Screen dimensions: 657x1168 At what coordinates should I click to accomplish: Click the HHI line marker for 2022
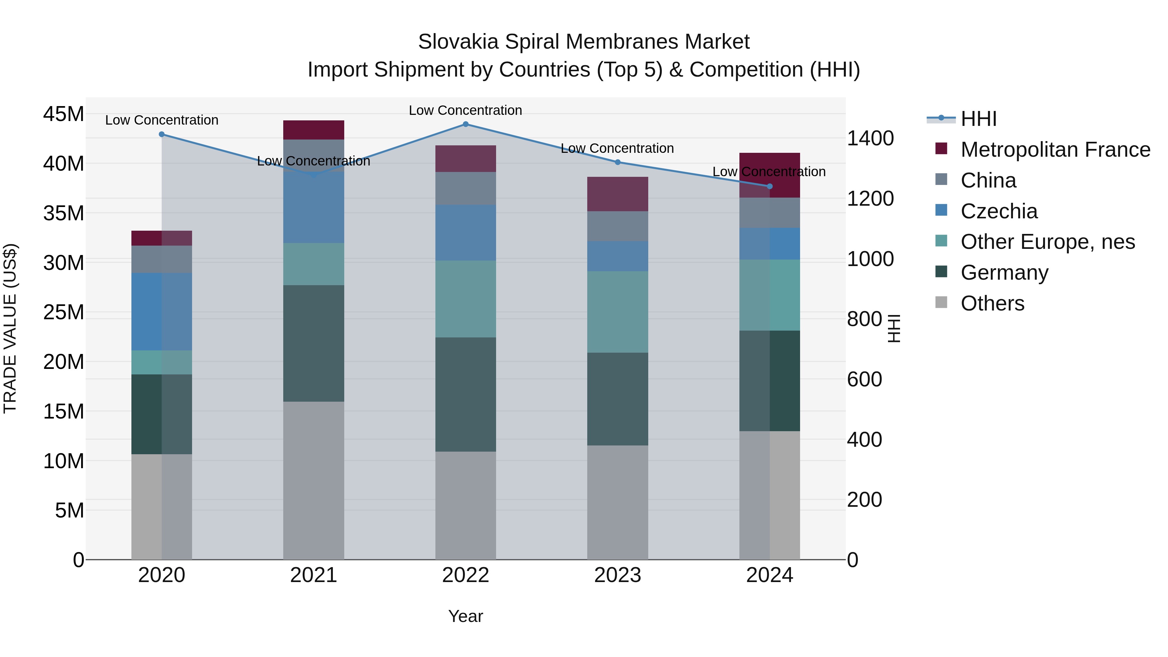coord(466,124)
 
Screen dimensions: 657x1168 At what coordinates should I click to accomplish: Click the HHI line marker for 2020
coord(162,134)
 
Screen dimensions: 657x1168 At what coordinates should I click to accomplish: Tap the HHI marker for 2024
coord(770,186)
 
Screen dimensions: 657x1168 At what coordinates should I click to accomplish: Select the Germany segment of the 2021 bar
coord(314,343)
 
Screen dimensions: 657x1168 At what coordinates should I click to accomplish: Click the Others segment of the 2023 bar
coord(617,502)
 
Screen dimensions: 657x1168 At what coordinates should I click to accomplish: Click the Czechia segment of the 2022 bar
coord(466,233)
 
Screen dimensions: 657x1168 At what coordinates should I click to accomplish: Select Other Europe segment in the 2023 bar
coord(617,312)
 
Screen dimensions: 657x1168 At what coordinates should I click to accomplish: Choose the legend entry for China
coord(989,180)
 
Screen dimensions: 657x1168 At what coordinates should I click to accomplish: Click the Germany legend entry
coord(1004,273)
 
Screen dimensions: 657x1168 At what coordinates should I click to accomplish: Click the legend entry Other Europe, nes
coord(1047,242)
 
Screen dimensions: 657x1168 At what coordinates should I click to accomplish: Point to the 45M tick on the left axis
coord(64,114)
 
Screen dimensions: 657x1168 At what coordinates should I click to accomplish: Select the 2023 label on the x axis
coord(617,575)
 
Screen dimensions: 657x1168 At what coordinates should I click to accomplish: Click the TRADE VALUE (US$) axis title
coord(10,328)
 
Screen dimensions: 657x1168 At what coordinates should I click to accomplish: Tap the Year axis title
coord(466,616)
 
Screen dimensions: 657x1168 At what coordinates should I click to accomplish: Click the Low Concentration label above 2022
coord(466,110)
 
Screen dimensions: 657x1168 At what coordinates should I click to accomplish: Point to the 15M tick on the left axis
coord(64,411)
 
